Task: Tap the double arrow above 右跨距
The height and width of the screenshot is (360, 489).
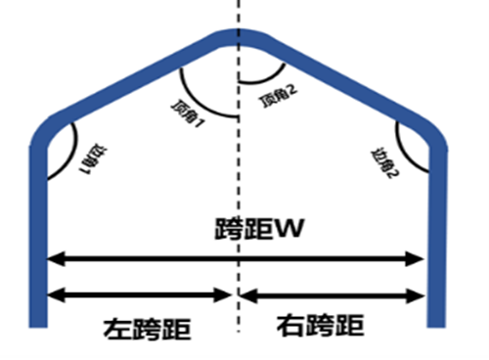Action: point(333,292)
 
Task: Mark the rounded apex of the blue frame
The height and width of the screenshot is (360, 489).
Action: point(237,37)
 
